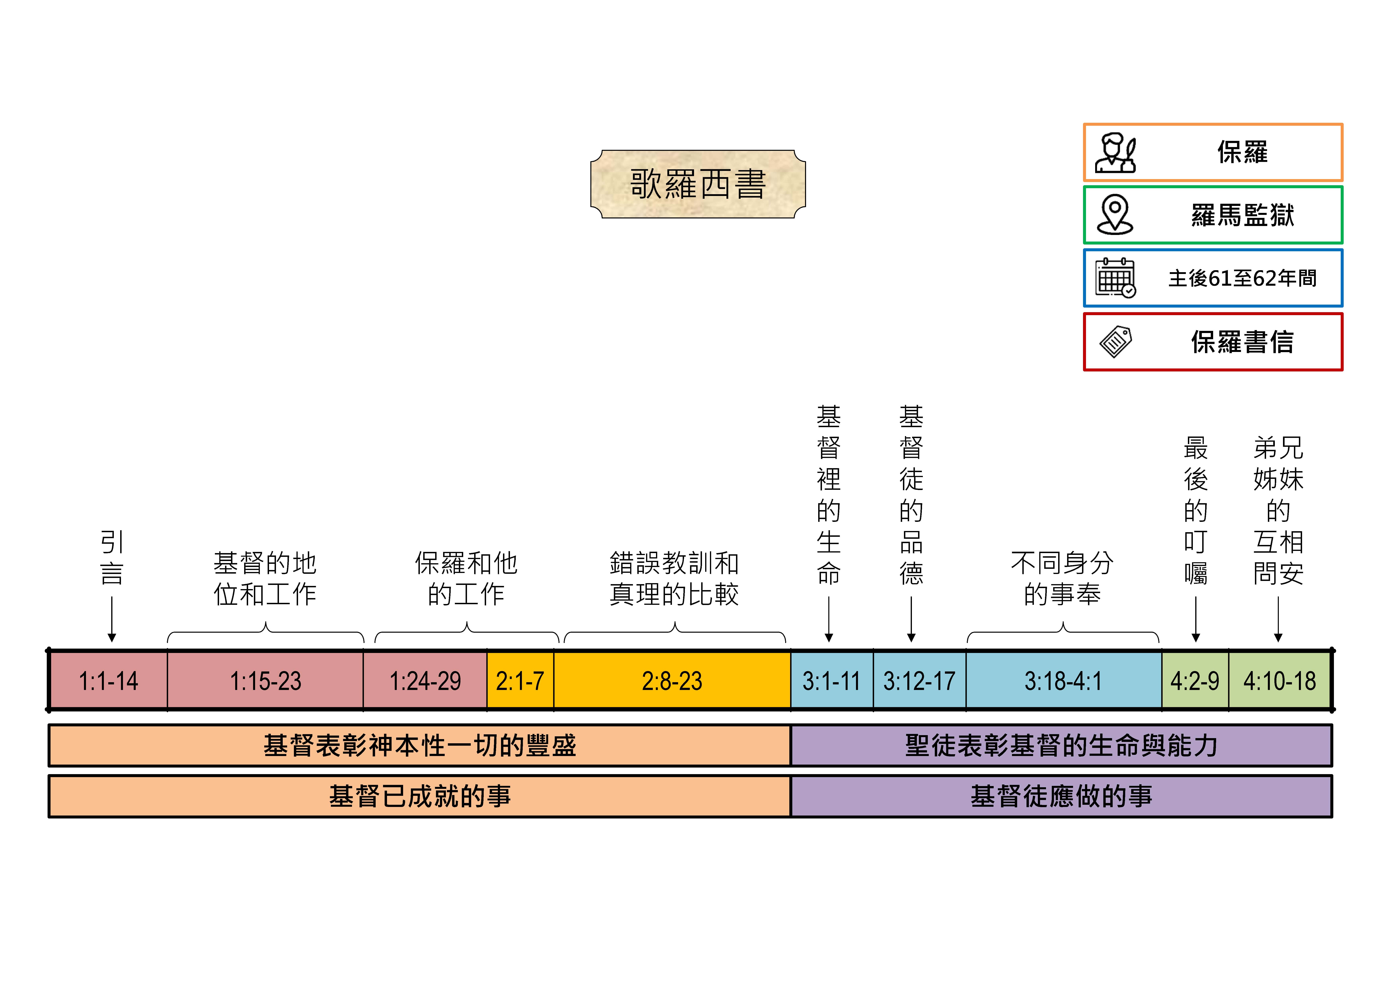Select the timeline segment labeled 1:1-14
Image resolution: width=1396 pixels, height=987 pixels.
coord(108,680)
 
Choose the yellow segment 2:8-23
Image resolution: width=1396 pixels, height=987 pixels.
coord(672,680)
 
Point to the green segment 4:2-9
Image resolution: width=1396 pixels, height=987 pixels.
coord(1195,680)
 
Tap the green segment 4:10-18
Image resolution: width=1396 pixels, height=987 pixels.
coord(1279,680)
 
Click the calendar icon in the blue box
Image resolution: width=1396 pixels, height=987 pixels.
coord(1115,278)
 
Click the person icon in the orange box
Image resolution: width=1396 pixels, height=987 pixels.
coord(1115,153)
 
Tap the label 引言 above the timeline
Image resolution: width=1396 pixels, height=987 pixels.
coord(112,557)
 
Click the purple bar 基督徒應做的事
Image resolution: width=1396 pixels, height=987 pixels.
coord(1061,796)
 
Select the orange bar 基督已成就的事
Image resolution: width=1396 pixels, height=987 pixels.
coord(419,796)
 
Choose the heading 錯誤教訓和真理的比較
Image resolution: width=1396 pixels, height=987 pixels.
coord(674,578)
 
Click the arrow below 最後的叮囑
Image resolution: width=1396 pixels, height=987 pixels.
coord(1195,619)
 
